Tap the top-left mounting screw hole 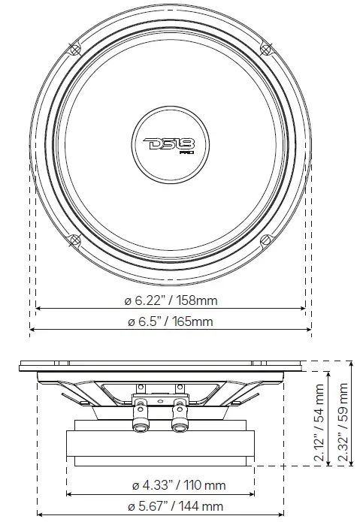click(74, 49)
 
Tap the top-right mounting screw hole click(265, 49)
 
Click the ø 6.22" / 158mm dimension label click(171, 300)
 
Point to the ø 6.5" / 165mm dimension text click(170, 321)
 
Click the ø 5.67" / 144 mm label click(174, 506)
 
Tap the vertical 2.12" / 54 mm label click(320, 413)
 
